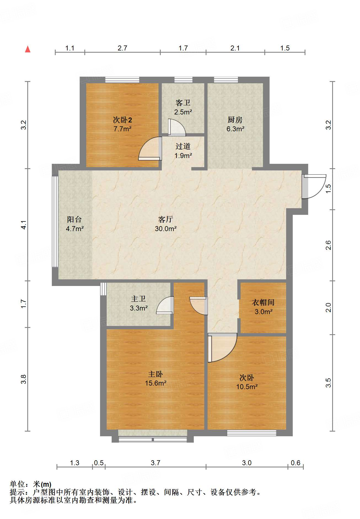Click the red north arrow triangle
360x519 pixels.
[28, 49]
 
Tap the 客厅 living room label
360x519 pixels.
[166, 219]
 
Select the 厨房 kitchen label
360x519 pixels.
[235, 120]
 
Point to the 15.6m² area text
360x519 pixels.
[156, 383]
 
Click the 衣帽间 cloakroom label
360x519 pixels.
[263, 303]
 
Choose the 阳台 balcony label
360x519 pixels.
[74, 219]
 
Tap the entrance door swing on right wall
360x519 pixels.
[314, 186]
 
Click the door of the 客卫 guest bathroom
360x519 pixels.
[177, 127]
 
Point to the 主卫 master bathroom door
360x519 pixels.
[165, 305]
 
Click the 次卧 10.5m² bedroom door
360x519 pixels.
[222, 347]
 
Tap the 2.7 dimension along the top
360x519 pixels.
[122, 48]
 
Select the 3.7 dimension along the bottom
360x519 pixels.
[155, 463]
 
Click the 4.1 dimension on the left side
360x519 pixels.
[24, 225]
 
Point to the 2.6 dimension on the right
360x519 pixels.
[328, 245]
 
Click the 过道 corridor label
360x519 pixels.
[183, 146]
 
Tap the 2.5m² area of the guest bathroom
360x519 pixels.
[183, 112]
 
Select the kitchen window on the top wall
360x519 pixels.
[226, 80]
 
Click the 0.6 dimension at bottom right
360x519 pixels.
[295, 463]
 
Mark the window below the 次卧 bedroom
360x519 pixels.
[251, 433]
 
